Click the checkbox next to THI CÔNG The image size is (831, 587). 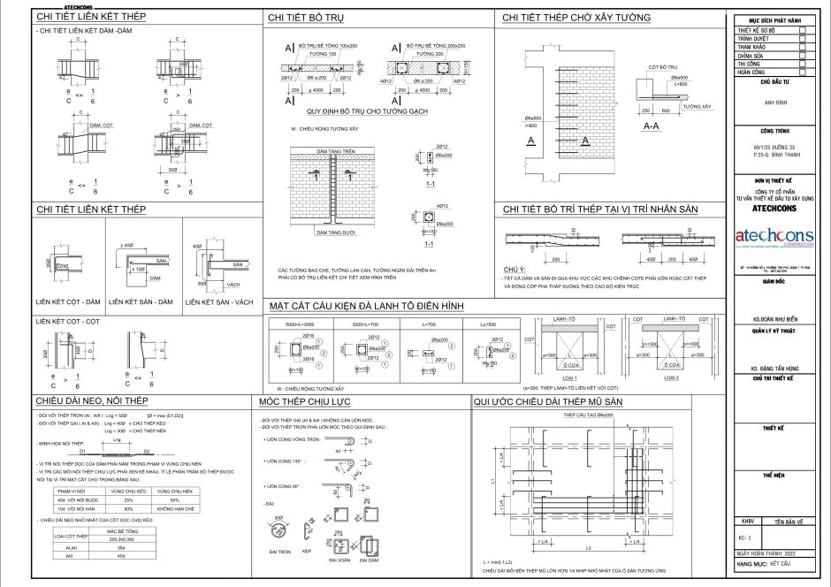point(802,64)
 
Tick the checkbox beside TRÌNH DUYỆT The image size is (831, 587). point(802,39)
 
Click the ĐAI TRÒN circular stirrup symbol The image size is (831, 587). point(278,531)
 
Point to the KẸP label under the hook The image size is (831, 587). point(307,552)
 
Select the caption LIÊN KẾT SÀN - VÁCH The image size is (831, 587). point(220,301)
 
